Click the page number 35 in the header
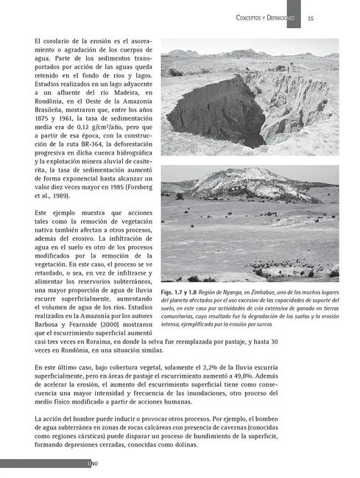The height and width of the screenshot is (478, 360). (x=311, y=18)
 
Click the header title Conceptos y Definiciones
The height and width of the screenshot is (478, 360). (x=266, y=18)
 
